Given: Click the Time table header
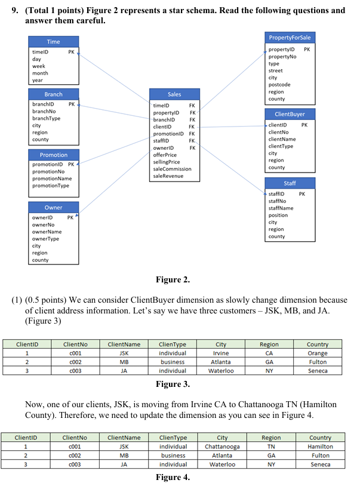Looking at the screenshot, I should (53, 42).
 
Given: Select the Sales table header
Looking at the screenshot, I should (174, 94).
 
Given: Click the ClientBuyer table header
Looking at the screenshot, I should (290, 113).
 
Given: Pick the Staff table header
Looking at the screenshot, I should (290, 183).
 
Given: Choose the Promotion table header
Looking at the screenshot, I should (54, 155).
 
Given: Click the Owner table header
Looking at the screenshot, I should (53, 207).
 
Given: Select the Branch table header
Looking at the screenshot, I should (53, 94).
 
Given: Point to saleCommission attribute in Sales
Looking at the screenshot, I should (173, 169).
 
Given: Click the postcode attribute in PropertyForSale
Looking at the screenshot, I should (279, 85).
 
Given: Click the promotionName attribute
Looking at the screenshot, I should (52, 179).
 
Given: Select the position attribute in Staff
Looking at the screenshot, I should (278, 215).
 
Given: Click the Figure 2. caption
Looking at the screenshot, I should (173, 279).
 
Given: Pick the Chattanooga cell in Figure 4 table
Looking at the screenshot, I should (222, 446).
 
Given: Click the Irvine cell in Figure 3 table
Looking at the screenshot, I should (221, 353).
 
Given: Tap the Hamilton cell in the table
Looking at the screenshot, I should (320, 446).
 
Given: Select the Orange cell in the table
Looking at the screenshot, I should (318, 353).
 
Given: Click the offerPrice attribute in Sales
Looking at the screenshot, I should (165, 155).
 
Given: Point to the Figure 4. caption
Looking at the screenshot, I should (173, 476).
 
